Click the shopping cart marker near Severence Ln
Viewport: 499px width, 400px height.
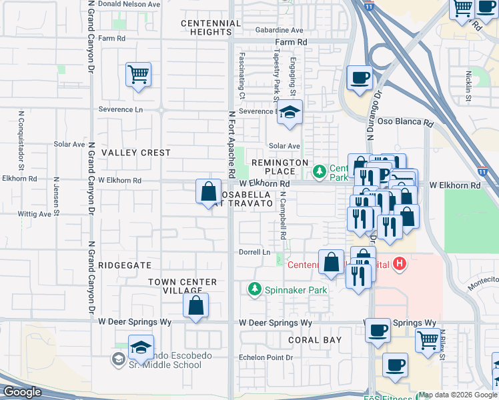tap(138, 75)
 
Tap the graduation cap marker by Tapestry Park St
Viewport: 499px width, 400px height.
tap(290, 113)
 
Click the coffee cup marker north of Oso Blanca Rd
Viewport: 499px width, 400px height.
tap(360, 77)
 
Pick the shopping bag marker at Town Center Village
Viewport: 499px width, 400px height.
tap(195, 307)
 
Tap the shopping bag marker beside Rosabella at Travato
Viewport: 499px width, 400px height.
tap(208, 191)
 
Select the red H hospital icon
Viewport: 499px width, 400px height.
tap(399, 265)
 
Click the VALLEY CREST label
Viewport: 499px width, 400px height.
tap(136, 153)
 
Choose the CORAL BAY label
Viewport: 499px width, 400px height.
tap(315, 340)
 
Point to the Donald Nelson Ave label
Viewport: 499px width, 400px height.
tap(129, 4)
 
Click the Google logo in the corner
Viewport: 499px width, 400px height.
tap(22, 391)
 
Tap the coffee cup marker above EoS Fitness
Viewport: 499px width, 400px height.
tap(395, 365)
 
